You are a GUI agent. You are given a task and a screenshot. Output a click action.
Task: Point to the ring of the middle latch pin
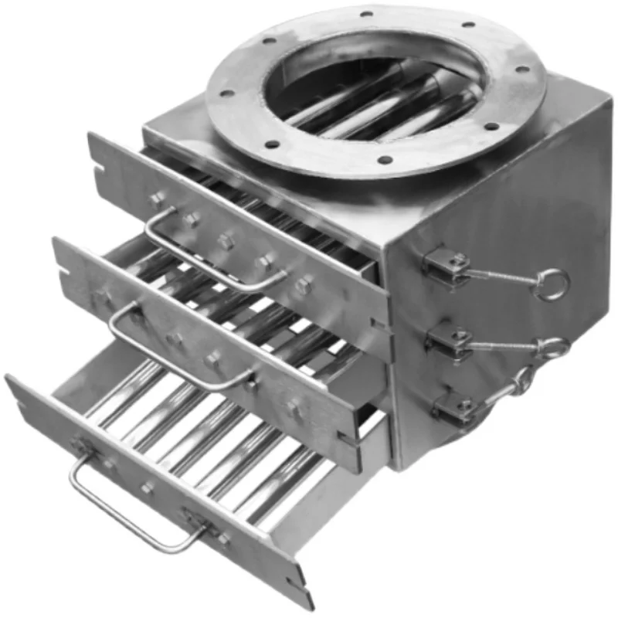[x=555, y=348]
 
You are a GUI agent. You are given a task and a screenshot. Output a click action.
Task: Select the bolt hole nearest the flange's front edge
[x=385, y=161]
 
